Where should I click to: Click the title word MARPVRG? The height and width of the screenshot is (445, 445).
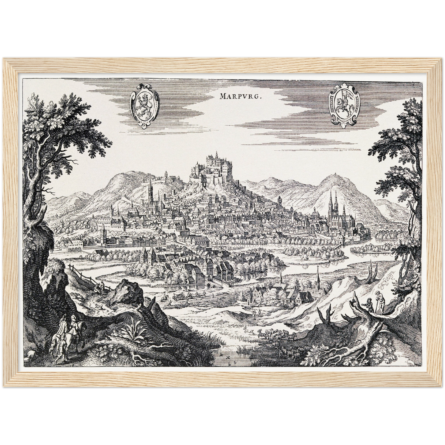[241, 96]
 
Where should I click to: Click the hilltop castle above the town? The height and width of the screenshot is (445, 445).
[216, 168]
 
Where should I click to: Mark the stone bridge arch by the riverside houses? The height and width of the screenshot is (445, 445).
[211, 277]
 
